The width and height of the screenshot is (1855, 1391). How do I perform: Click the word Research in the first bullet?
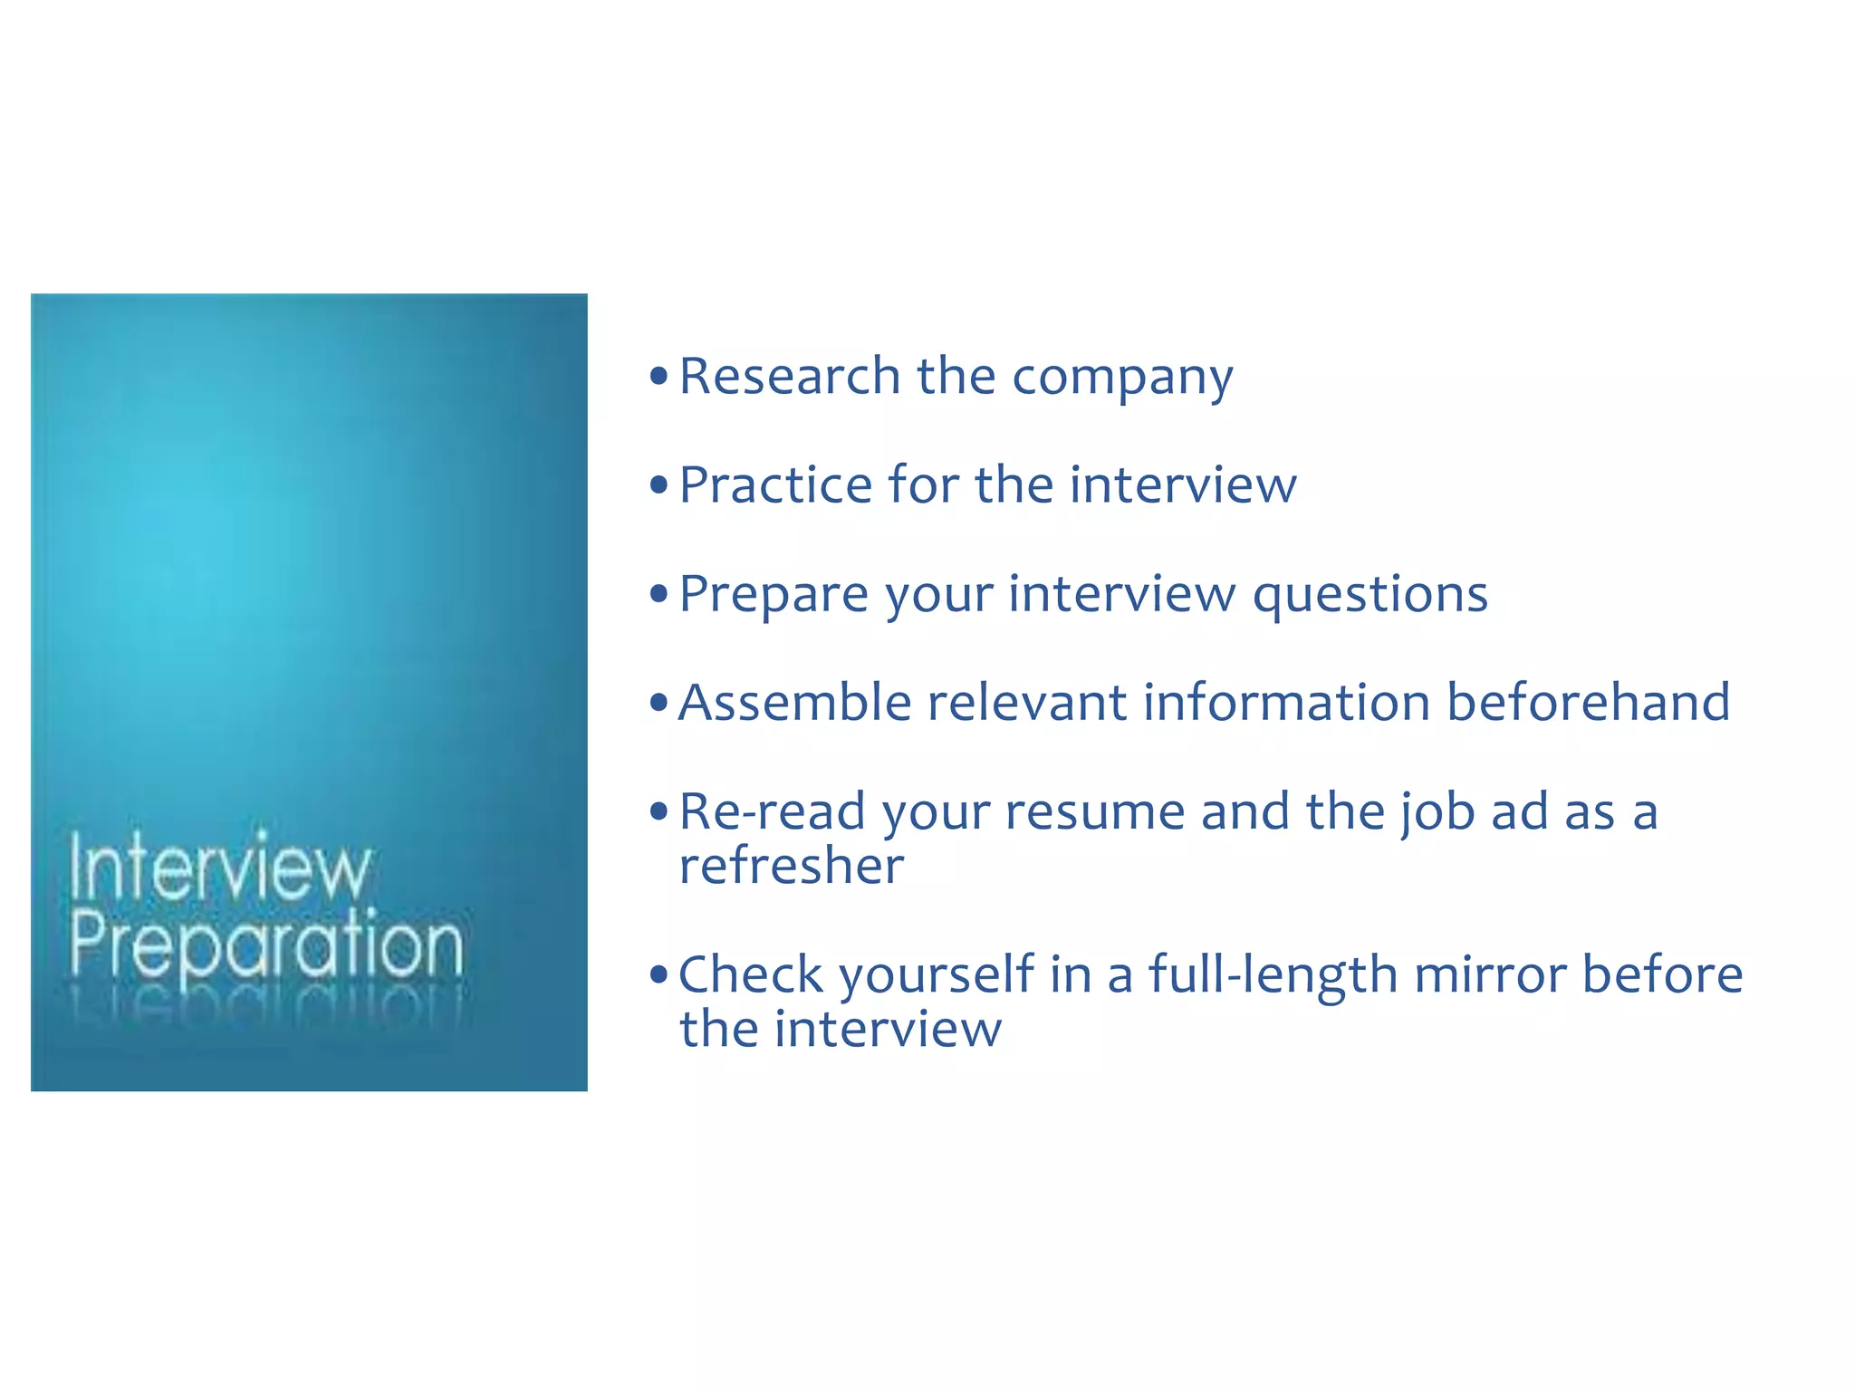[789, 376]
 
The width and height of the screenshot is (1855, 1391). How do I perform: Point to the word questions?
[1370, 596]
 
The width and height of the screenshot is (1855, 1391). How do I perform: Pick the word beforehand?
[1588, 703]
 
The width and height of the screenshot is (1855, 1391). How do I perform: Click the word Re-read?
[772, 811]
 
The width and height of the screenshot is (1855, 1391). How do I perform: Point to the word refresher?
[792, 866]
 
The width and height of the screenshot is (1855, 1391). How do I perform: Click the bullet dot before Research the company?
[658, 375]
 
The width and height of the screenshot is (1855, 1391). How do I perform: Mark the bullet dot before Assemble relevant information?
[658, 702]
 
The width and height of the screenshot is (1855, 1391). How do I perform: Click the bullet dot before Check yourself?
[658, 974]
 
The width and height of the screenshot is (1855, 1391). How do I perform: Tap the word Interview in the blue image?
[219, 868]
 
